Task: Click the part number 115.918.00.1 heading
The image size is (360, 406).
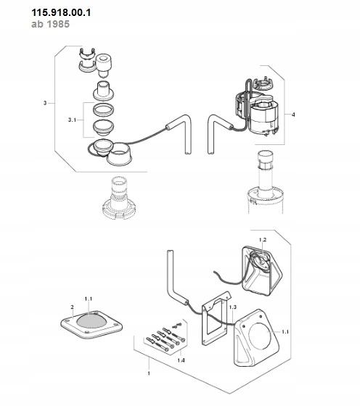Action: click(x=61, y=12)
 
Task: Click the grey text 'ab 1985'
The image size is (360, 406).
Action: click(x=51, y=24)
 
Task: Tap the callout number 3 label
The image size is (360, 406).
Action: click(x=45, y=103)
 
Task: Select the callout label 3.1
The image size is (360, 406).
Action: click(x=72, y=120)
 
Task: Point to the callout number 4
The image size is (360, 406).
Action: click(x=293, y=115)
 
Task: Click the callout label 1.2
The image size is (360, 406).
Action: click(x=263, y=240)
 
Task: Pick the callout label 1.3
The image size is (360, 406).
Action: click(x=233, y=307)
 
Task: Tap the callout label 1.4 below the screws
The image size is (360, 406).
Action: click(x=181, y=360)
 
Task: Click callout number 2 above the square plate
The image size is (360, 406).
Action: click(x=72, y=307)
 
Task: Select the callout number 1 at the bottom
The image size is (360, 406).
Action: click(x=149, y=373)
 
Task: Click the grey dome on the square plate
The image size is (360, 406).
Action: click(x=91, y=321)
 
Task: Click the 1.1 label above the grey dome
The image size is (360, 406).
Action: click(x=89, y=299)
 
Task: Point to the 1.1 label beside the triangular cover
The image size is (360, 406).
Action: click(x=285, y=332)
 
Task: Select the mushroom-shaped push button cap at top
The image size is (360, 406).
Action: click(x=104, y=65)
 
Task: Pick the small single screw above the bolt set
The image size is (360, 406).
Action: click(x=177, y=326)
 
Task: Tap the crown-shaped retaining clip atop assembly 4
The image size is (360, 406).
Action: click(x=263, y=84)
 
